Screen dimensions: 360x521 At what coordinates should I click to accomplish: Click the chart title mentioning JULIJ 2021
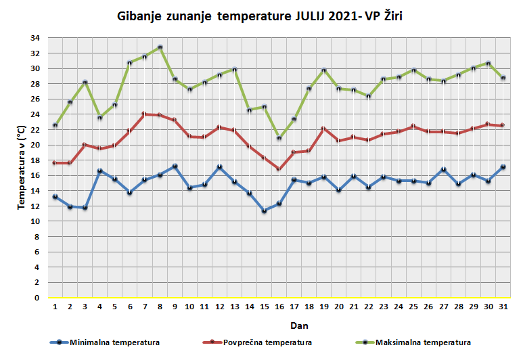point(260,15)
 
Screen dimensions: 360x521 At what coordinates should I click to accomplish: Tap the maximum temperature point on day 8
point(160,47)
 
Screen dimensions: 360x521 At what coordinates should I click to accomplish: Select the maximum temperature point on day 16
point(279,138)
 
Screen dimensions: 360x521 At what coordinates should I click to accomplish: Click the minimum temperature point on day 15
point(264,211)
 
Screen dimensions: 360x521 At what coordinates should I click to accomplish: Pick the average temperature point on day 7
point(145,114)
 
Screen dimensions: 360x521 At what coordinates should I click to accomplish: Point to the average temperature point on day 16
point(279,169)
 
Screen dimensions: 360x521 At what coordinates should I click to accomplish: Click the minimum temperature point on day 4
point(100,171)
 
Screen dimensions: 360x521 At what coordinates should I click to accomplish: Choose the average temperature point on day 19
point(323,129)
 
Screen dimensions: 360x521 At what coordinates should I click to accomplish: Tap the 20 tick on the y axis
point(37,145)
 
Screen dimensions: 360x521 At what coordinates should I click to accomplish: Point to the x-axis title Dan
point(279,325)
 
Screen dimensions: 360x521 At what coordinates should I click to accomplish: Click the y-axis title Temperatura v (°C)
point(22,168)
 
